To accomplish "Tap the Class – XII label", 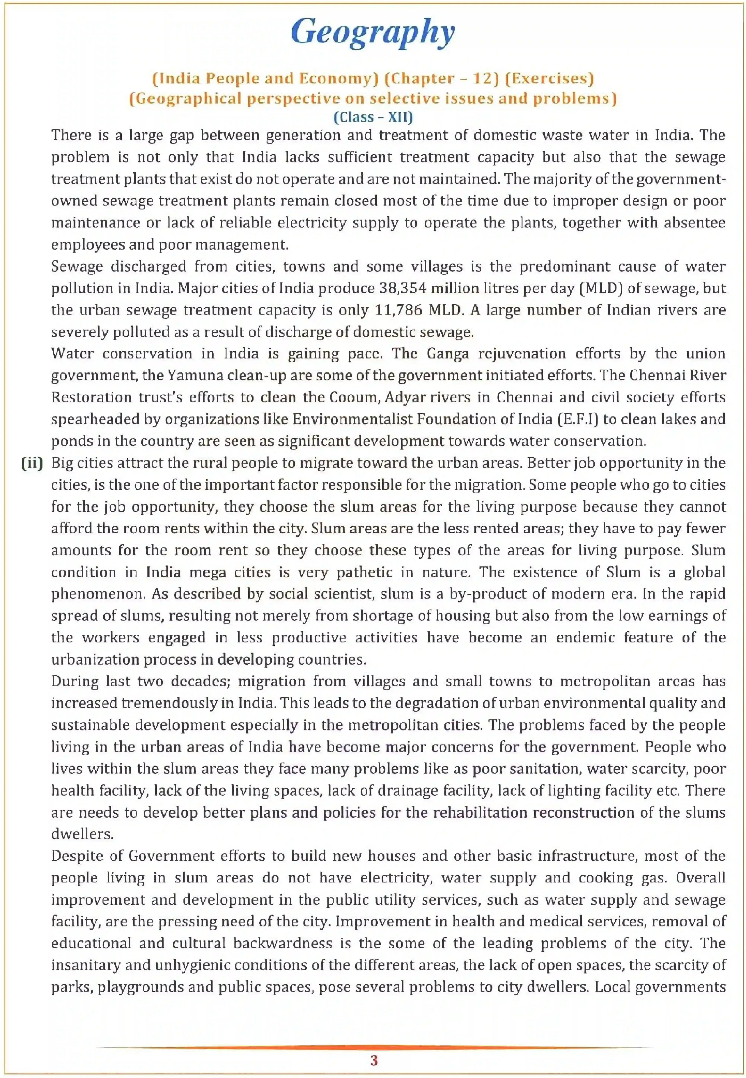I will [x=373, y=117].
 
